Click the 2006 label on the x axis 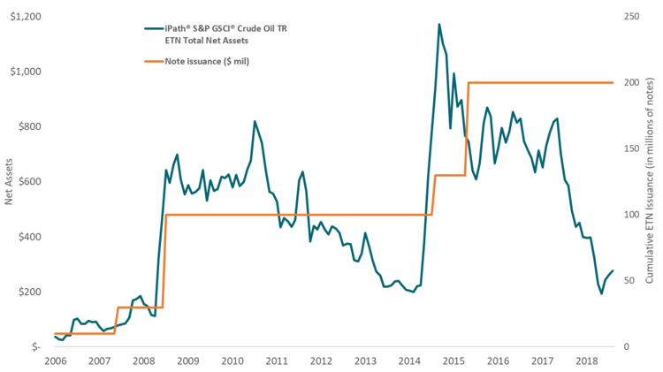point(55,361)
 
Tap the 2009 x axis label point(187,361)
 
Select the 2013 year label point(365,361)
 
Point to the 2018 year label point(587,361)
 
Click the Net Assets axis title point(9,181)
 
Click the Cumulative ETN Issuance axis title point(652,181)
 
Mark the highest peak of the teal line point(438,24)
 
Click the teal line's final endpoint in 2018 point(613,271)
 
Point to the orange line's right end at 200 point(613,82)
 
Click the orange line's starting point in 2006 point(55,334)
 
